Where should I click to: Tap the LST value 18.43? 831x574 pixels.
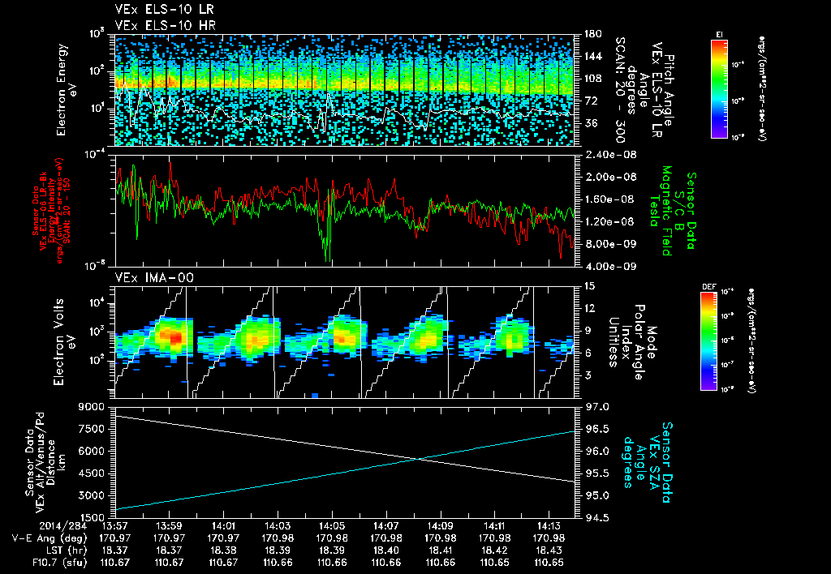pos(549,549)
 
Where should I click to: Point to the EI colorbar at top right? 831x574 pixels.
pos(719,85)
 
